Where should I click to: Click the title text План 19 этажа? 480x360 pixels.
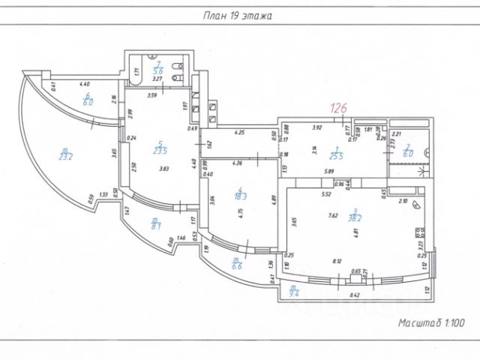click(239, 15)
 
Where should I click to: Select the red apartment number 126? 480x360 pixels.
click(340, 108)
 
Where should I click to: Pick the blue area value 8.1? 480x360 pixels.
click(156, 223)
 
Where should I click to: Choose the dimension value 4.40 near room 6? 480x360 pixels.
click(84, 85)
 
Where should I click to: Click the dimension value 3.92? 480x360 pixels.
click(316, 128)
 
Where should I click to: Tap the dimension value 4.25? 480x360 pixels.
click(240, 133)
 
